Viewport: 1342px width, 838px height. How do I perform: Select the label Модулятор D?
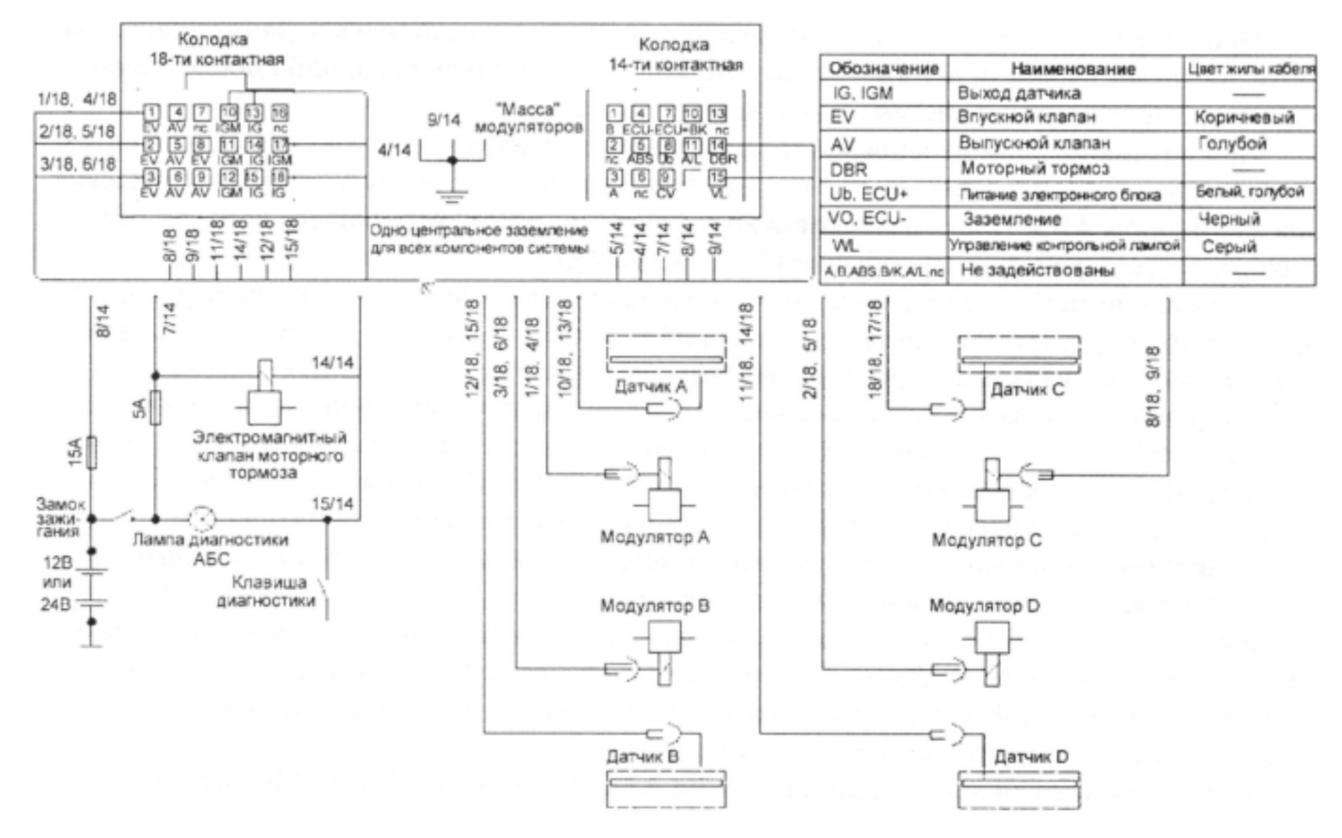[x=984, y=606]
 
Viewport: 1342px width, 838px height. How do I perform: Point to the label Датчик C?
[x=1027, y=390]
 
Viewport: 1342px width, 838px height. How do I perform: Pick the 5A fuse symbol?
[x=157, y=409]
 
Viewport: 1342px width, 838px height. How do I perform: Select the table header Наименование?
[x=1072, y=69]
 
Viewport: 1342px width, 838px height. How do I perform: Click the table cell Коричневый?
[x=1244, y=118]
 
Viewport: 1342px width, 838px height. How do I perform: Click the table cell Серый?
[x=1229, y=246]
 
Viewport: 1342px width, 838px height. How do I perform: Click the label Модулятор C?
[x=986, y=541]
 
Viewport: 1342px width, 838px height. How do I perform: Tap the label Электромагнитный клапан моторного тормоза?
[x=269, y=455]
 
